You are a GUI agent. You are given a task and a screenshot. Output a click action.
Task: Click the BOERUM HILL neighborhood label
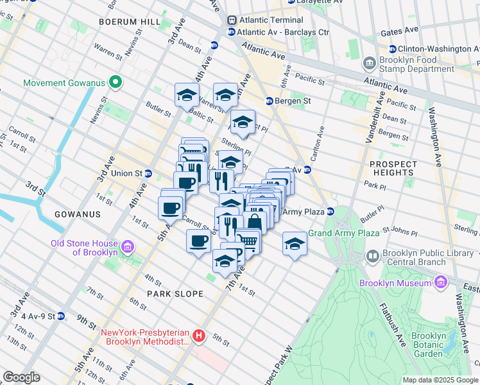click(x=129, y=22)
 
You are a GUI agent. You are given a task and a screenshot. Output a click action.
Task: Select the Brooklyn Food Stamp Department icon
click(x=370, y=64)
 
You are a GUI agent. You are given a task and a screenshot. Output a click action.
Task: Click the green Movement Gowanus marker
click(x=116, y=82)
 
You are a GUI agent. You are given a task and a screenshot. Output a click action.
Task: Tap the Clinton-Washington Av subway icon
click(x=391, y=49)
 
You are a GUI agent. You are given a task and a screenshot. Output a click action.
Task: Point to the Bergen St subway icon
click(x=270, y=101)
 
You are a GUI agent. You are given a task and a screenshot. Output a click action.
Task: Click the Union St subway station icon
click(x=148, y=173)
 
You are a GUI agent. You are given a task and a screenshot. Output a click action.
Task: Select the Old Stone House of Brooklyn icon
click(x=127, y=247)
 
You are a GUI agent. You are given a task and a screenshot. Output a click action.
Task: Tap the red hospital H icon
click(x=200, y=336)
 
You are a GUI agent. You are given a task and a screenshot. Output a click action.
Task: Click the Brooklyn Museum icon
click(x=440, y=283)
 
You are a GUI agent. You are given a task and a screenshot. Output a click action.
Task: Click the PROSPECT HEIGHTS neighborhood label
click(x=393, y=168)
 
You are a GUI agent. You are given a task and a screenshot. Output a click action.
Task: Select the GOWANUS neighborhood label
click(x=76, y=214)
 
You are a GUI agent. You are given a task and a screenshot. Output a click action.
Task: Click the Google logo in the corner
click(x=21, y=377)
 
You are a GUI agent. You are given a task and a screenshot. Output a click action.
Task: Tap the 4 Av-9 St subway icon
click(x=60, y=316)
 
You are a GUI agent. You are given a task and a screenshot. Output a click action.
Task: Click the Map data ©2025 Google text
click(x=440, y=380)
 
